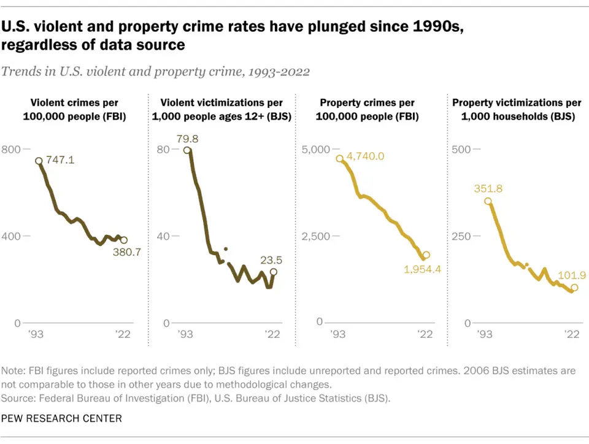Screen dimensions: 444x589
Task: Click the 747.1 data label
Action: pos(61,160)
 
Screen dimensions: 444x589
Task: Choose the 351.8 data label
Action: pos(488,189)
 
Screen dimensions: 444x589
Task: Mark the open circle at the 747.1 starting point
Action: pos(39,161)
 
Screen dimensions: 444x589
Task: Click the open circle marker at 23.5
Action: pos(274,272)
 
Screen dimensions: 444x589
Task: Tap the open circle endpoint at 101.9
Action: pos(574,288)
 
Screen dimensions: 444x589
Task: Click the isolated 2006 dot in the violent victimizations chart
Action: pos(225,249)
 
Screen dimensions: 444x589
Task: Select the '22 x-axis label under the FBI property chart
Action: pos(425,334)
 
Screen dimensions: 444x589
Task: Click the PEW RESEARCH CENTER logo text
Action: pos(61,418)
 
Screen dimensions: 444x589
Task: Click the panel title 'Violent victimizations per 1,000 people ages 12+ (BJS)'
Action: pos(221,109)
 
